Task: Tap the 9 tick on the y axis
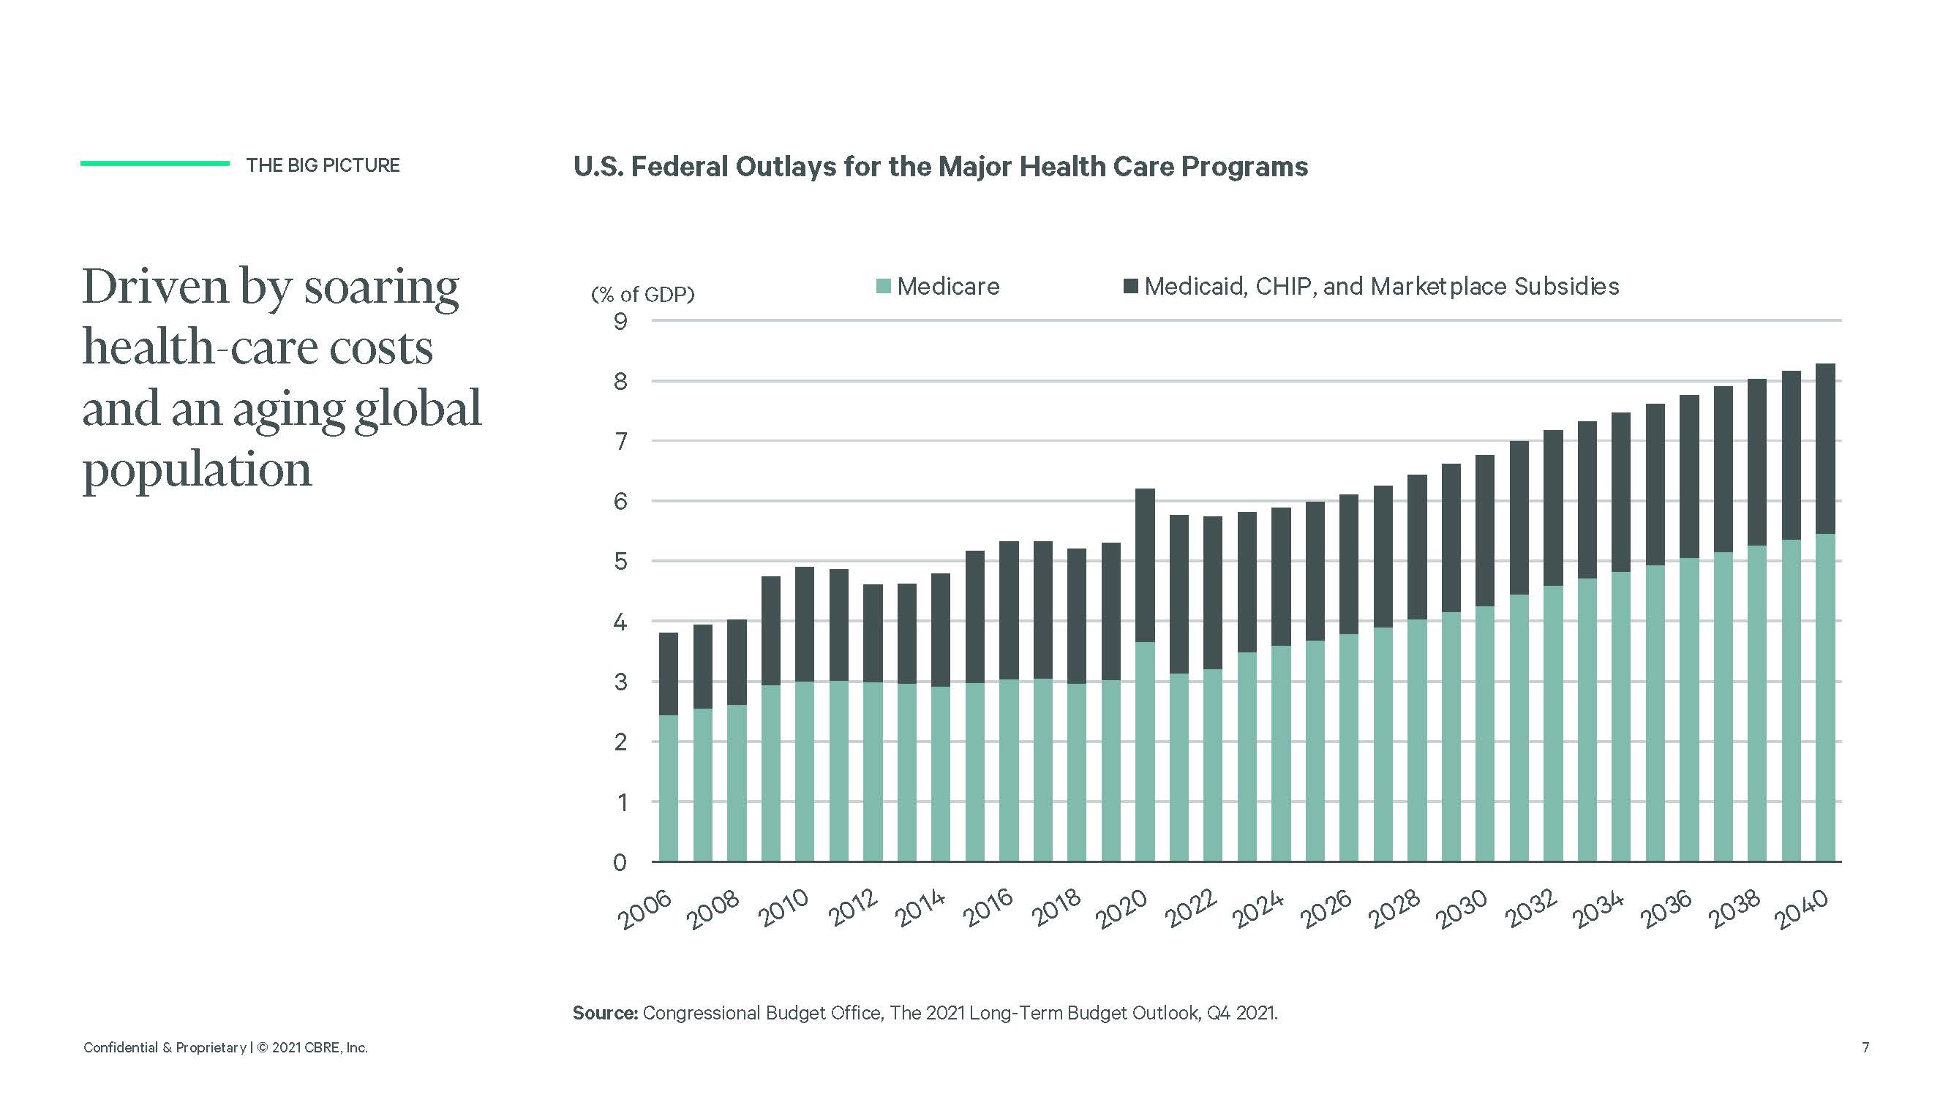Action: (x=620, y=321)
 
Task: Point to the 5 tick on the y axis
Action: (x=620, y=561)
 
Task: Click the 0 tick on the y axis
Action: (x=620, y=862)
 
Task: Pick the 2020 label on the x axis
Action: (x=1121, y=908)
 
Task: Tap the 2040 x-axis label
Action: (x=1802, y=908)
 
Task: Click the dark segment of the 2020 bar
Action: (x=1145, y=565)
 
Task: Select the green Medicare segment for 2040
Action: (x=1825, y=696)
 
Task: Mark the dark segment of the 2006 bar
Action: (x=669, y=674)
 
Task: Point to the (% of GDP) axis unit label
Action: (x=642, y=294)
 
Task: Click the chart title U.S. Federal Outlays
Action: (x=940, y=167)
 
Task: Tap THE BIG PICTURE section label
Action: (x=323, y=165)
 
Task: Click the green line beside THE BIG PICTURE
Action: (x=154, y=163)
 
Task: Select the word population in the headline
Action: (x=197, y=470)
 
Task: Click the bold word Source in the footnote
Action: (x=605, y=1012)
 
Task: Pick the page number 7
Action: (x=1865, y=1047)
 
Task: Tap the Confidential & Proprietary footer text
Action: (x=165, y=1047)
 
